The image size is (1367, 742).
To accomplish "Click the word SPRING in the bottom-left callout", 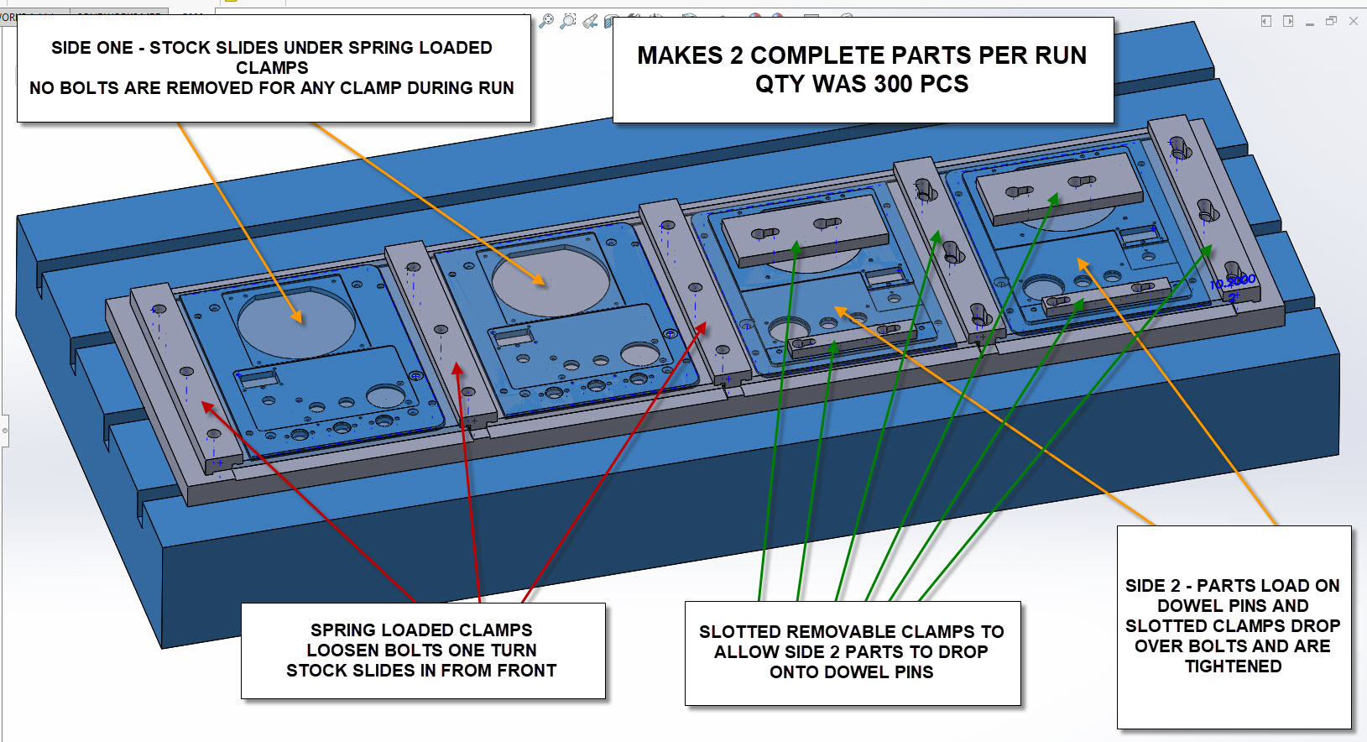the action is pyautogui.click(x=340, y=630).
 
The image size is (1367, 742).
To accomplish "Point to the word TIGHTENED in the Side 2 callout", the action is pyautogui.click(x=1234, y=666).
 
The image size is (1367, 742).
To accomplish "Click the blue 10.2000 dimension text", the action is pyautogui.click(x=1233, y=282).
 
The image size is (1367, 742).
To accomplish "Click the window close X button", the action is pyautogui.click(x=1353, y=21).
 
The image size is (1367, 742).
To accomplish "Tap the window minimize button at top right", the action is pyautogui.click(x=1310, y=22).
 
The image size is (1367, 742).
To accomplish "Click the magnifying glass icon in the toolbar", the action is pyautogui.click(x=546, y=21).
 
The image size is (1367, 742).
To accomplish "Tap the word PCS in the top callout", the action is pyautogui.click(x=945, y=84).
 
